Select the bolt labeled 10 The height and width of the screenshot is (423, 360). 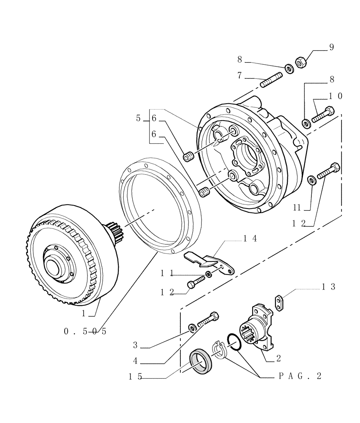click(323, 115)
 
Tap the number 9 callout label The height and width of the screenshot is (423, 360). click(331, 47)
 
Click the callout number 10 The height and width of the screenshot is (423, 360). click(335, 96)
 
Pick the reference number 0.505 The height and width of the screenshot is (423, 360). click(85, 332)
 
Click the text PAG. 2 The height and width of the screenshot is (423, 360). click(300, 376)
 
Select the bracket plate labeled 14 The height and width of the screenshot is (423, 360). click(210, 262)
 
